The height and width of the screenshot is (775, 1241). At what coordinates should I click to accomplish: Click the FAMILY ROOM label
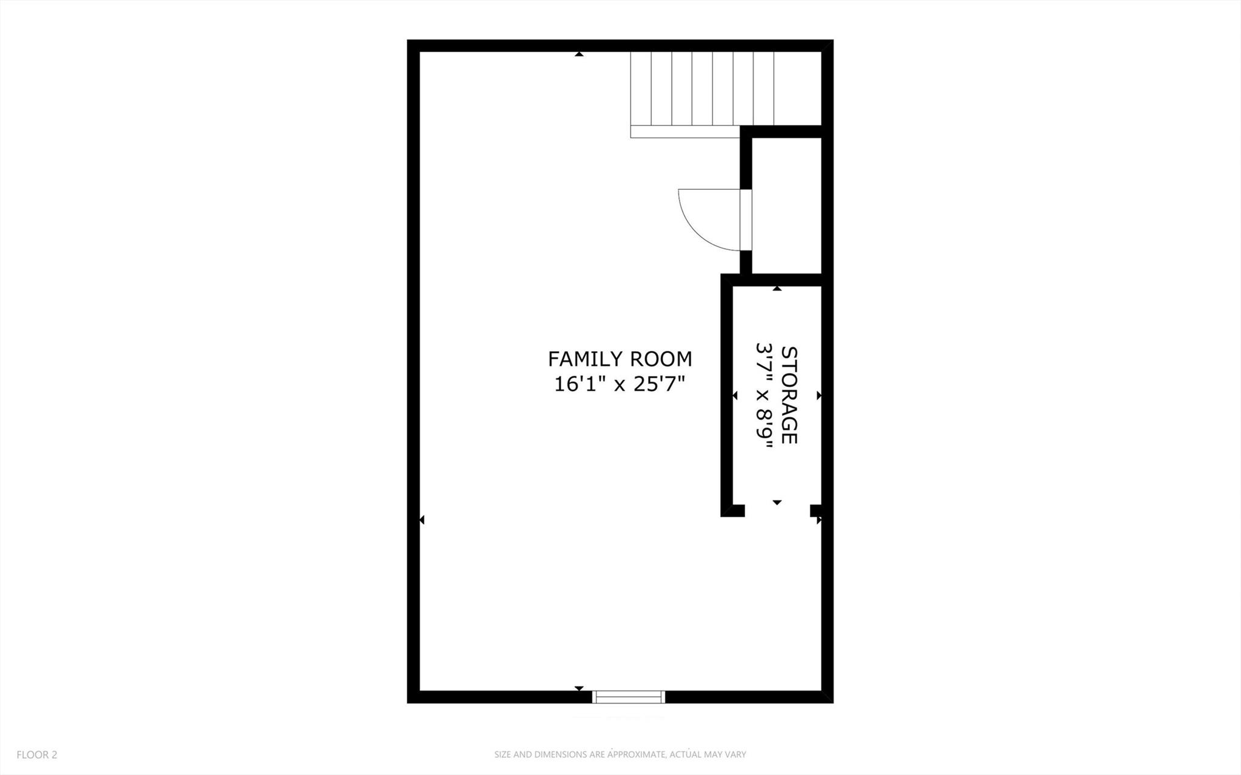click(x=620, y=359)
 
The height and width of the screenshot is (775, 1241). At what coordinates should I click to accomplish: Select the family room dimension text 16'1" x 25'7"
click(x=620, y=384)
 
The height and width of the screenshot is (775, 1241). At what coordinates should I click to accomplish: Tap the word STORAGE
click(x=789, y=395)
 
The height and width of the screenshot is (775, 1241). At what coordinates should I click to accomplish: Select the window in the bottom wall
click(x=628, y=697)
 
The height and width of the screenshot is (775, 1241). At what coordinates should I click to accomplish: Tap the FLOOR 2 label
click(x=36, y=754)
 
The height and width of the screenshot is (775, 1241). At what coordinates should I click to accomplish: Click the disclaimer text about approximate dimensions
click(x=620, y=754)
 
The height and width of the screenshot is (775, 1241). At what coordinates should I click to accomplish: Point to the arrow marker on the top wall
click(x=579, y=55)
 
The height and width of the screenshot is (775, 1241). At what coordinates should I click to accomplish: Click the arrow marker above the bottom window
click(x=579, y=688)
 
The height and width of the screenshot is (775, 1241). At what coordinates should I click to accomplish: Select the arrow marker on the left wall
click(x=422, y=520)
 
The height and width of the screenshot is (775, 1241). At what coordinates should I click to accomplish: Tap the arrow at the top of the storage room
click(x=777, y=289)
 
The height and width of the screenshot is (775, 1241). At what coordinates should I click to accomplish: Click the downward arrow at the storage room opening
click(x=777, y=502)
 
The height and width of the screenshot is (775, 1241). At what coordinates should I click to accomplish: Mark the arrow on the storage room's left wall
click(x=735, y=395)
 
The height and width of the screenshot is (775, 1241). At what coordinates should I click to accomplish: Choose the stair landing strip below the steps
click(x=685, y=132)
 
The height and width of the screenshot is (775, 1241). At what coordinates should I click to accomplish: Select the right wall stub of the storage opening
click(x=815, y=511)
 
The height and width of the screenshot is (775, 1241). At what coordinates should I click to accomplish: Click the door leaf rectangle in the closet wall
click(x=746, y=220)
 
